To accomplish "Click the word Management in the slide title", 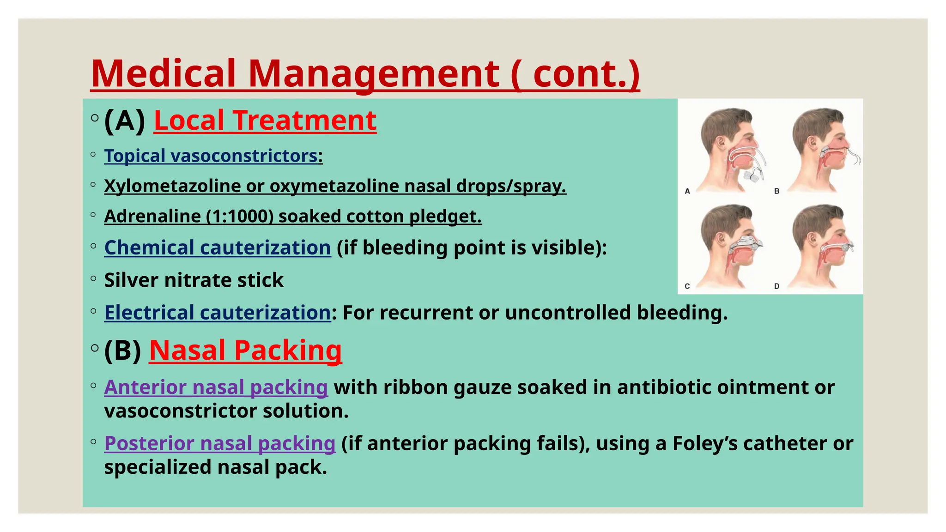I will click(x=373, y=74).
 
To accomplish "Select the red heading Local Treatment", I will click(x=265, y=121).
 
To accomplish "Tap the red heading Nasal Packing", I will click(x=245, y=350).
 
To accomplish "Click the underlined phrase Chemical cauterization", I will click(x=218, y=248).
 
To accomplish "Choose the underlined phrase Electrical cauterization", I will click(x=218, y=313).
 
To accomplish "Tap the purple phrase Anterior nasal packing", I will click(x=216, y=387).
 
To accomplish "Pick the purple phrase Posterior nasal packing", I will click(x=219, y=443).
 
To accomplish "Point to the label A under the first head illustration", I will click(x=687, y=191).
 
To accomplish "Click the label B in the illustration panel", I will click(x=776, y=191).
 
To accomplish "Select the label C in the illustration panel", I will click(x=687, y=286).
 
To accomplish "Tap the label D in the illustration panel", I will click(x=776, y=286).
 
